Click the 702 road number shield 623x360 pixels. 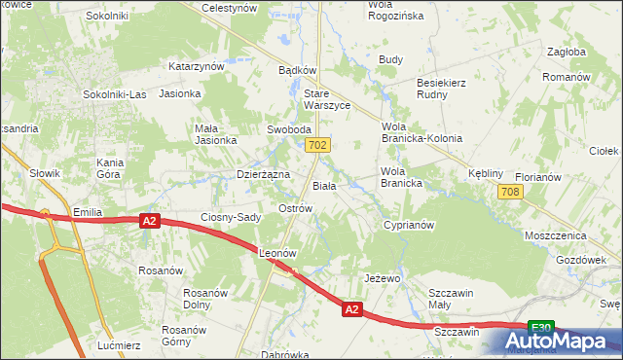317,145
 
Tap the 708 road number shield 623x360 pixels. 508,193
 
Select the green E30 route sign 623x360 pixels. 541,328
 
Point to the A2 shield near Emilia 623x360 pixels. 148,222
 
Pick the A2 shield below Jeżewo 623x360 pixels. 352,309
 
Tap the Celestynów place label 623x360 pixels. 229,8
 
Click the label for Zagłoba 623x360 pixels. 566,52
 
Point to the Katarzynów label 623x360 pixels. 198,66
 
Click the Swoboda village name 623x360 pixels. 289,129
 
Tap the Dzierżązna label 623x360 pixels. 264,174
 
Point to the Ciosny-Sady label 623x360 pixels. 231,217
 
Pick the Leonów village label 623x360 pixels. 277,253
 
